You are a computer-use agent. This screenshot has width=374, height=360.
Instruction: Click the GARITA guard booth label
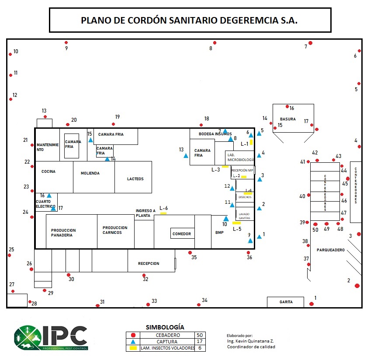click(285, 302)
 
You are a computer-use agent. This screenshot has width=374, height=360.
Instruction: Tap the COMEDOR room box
click(182, 234)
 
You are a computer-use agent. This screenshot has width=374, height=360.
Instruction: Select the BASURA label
click(288, 119)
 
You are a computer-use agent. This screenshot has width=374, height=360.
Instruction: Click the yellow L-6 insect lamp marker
click(163, 213)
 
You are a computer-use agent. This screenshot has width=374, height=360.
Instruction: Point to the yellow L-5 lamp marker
click(236, 223)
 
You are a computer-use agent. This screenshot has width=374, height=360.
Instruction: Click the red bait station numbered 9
click(66, 43)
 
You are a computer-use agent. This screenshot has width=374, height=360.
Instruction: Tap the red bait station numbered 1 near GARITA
click(312, 304)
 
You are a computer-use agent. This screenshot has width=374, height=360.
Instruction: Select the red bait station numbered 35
click(190, 253)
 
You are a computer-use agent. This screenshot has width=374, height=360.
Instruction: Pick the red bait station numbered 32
click(144, 275)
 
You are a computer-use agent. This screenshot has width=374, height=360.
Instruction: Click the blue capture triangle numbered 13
click(186, 156)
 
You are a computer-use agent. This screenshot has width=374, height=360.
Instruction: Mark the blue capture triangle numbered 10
click(226, 219)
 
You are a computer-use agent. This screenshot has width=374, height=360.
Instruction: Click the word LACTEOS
click(135, 179)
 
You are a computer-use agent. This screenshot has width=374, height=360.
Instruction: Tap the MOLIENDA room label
click(90, 173)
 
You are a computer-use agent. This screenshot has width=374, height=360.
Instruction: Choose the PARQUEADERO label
click(331, 250)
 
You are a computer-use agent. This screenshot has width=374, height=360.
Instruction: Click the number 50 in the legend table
click(200, 335)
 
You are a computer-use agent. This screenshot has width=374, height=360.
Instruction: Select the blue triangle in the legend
click(133, 342)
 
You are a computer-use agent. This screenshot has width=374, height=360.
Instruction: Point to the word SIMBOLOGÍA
click(165, 327)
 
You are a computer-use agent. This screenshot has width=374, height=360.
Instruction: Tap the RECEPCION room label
click(149, 264)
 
